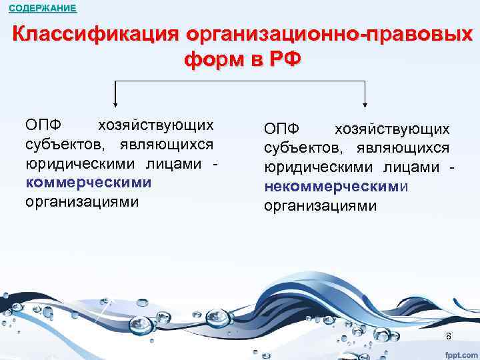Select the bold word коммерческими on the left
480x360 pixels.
[89, 182]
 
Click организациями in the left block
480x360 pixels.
[82, 201]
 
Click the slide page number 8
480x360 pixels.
[449, 335]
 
